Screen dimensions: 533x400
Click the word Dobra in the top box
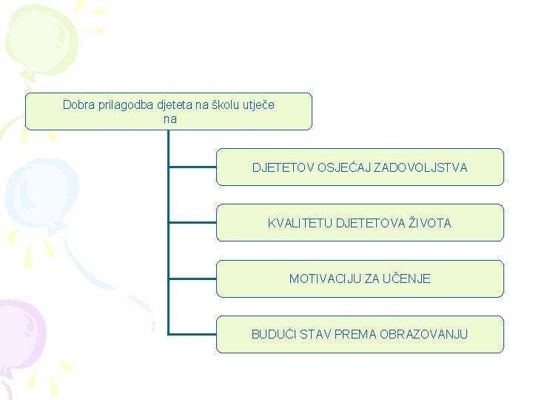pyautogui.click(x=78, y=105)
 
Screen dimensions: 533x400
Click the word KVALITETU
pyautogui.click(x=300, y=223)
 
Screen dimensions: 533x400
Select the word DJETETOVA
pyautogui.click(x=370, y=223)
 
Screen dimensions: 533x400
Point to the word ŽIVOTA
pyautogui.click(x=429, y=223)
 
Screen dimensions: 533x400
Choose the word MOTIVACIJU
pyautogui.click(x=325, y=279)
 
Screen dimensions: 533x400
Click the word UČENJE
pyautogui.click(x=406, y=279)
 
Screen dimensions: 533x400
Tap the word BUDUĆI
pyautogui.click(x=274, y=335)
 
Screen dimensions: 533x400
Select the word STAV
pyautogui.click(x=316, y=335)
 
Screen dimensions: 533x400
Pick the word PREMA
pyautogui.click(x=355, y=335)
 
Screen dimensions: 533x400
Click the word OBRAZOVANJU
pyautogui.click(x=423, y=335)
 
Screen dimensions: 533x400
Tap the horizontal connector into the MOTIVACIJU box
pyautogui.click(x=192, y=277)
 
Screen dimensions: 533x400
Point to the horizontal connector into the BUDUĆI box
pyautogui.click(x=192, y=333)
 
